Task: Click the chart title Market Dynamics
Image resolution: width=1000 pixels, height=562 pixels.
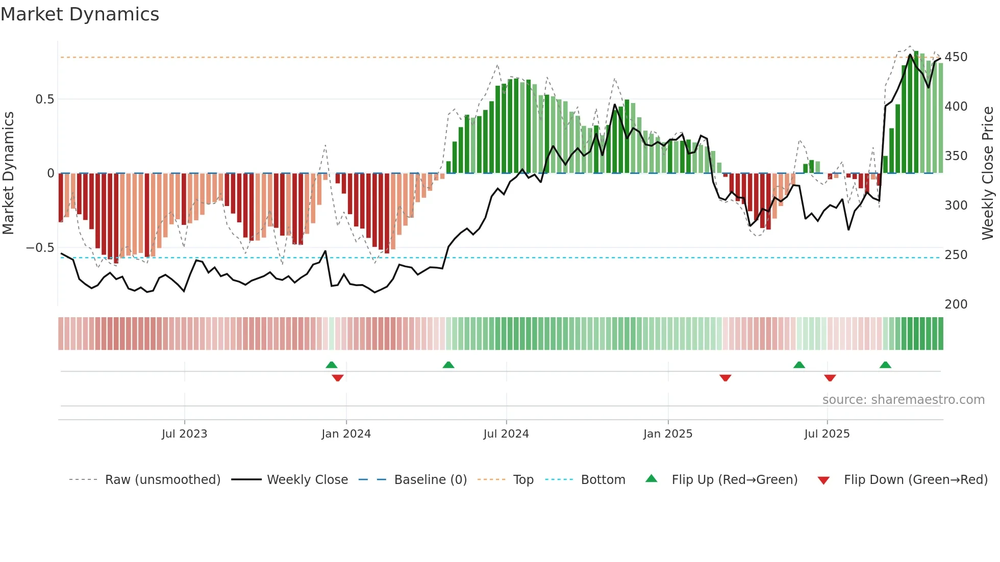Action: click(x=80, y=14)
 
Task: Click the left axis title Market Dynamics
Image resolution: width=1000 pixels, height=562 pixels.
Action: click(x=9, y=173)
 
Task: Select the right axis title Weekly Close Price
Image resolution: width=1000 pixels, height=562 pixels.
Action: click(x=988, y=173)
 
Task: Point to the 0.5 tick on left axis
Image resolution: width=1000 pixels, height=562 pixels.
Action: click(x=44, y=99)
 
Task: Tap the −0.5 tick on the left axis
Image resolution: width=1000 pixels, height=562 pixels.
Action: click(x=40, y=248)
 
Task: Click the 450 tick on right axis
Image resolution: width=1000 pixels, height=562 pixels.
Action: click(x=956, y=57)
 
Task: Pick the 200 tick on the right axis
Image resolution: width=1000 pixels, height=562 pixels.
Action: click(x=956, y=304)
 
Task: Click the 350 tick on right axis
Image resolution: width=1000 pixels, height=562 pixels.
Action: click(x=956, y=156)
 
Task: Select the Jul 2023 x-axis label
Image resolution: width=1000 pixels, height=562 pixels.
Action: click(x=184, y=434)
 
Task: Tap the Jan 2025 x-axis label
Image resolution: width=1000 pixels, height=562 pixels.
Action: click(x=667, y=434)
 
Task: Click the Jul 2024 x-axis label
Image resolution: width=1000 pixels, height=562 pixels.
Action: click(x=506, y=434)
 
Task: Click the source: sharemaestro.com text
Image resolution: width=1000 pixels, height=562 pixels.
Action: click(x=903, y=400)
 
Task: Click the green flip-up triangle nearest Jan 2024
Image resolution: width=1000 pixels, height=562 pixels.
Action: click(x=332, y=365)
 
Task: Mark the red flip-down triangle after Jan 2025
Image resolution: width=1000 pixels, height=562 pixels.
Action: click(x=725, y=378)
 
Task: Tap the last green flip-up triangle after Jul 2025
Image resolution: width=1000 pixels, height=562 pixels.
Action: click(x=885, y=365)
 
